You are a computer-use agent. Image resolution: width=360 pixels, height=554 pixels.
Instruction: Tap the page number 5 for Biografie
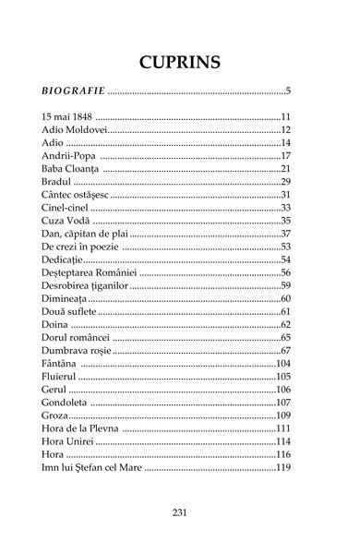point(288,91)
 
